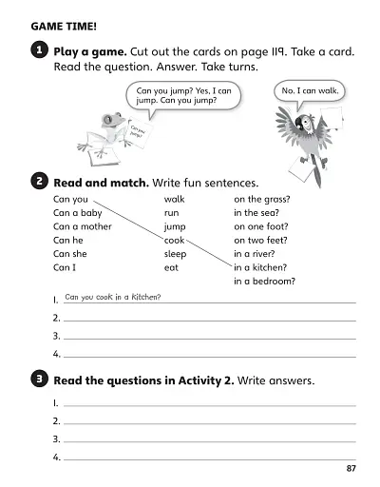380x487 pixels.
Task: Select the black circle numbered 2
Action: click(x=37, y=180)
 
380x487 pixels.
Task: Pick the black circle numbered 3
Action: click(x=37, y=380)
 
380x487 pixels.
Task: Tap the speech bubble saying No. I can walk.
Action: click(x=310, y=91)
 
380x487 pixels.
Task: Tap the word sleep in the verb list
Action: click(x=176, y=254)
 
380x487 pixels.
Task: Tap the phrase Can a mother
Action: click(x=83, y=227)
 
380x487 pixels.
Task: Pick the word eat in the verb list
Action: click(x=172, y=268)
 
